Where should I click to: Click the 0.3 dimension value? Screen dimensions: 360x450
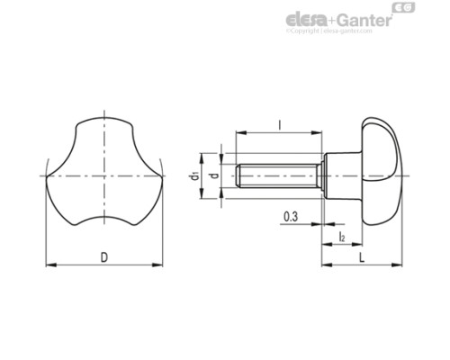[291, 218]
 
